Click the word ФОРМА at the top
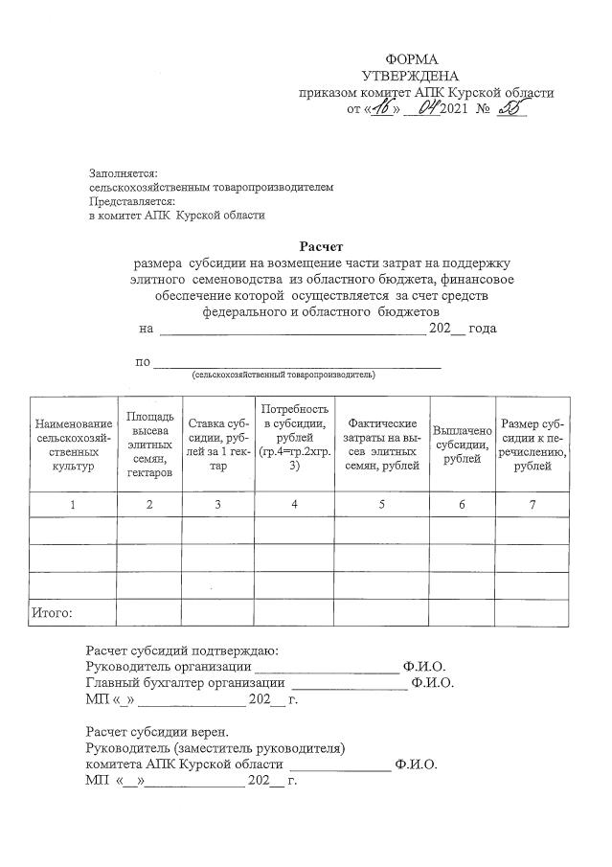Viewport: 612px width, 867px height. click(x=411, y=59)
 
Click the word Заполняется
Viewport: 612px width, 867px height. click(x=122, y=173)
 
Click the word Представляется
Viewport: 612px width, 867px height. click(x=131, y=202)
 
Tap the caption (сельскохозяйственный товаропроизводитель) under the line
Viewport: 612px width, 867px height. click(x=283, y=375)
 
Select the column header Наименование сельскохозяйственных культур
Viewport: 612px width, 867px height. click(x=73, y=445)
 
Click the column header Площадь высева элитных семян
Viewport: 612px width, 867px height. click(x=149, y=445)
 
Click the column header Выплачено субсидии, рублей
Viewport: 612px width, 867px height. click(x=462, y=445)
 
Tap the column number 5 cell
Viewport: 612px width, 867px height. click(x=381, y=505)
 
